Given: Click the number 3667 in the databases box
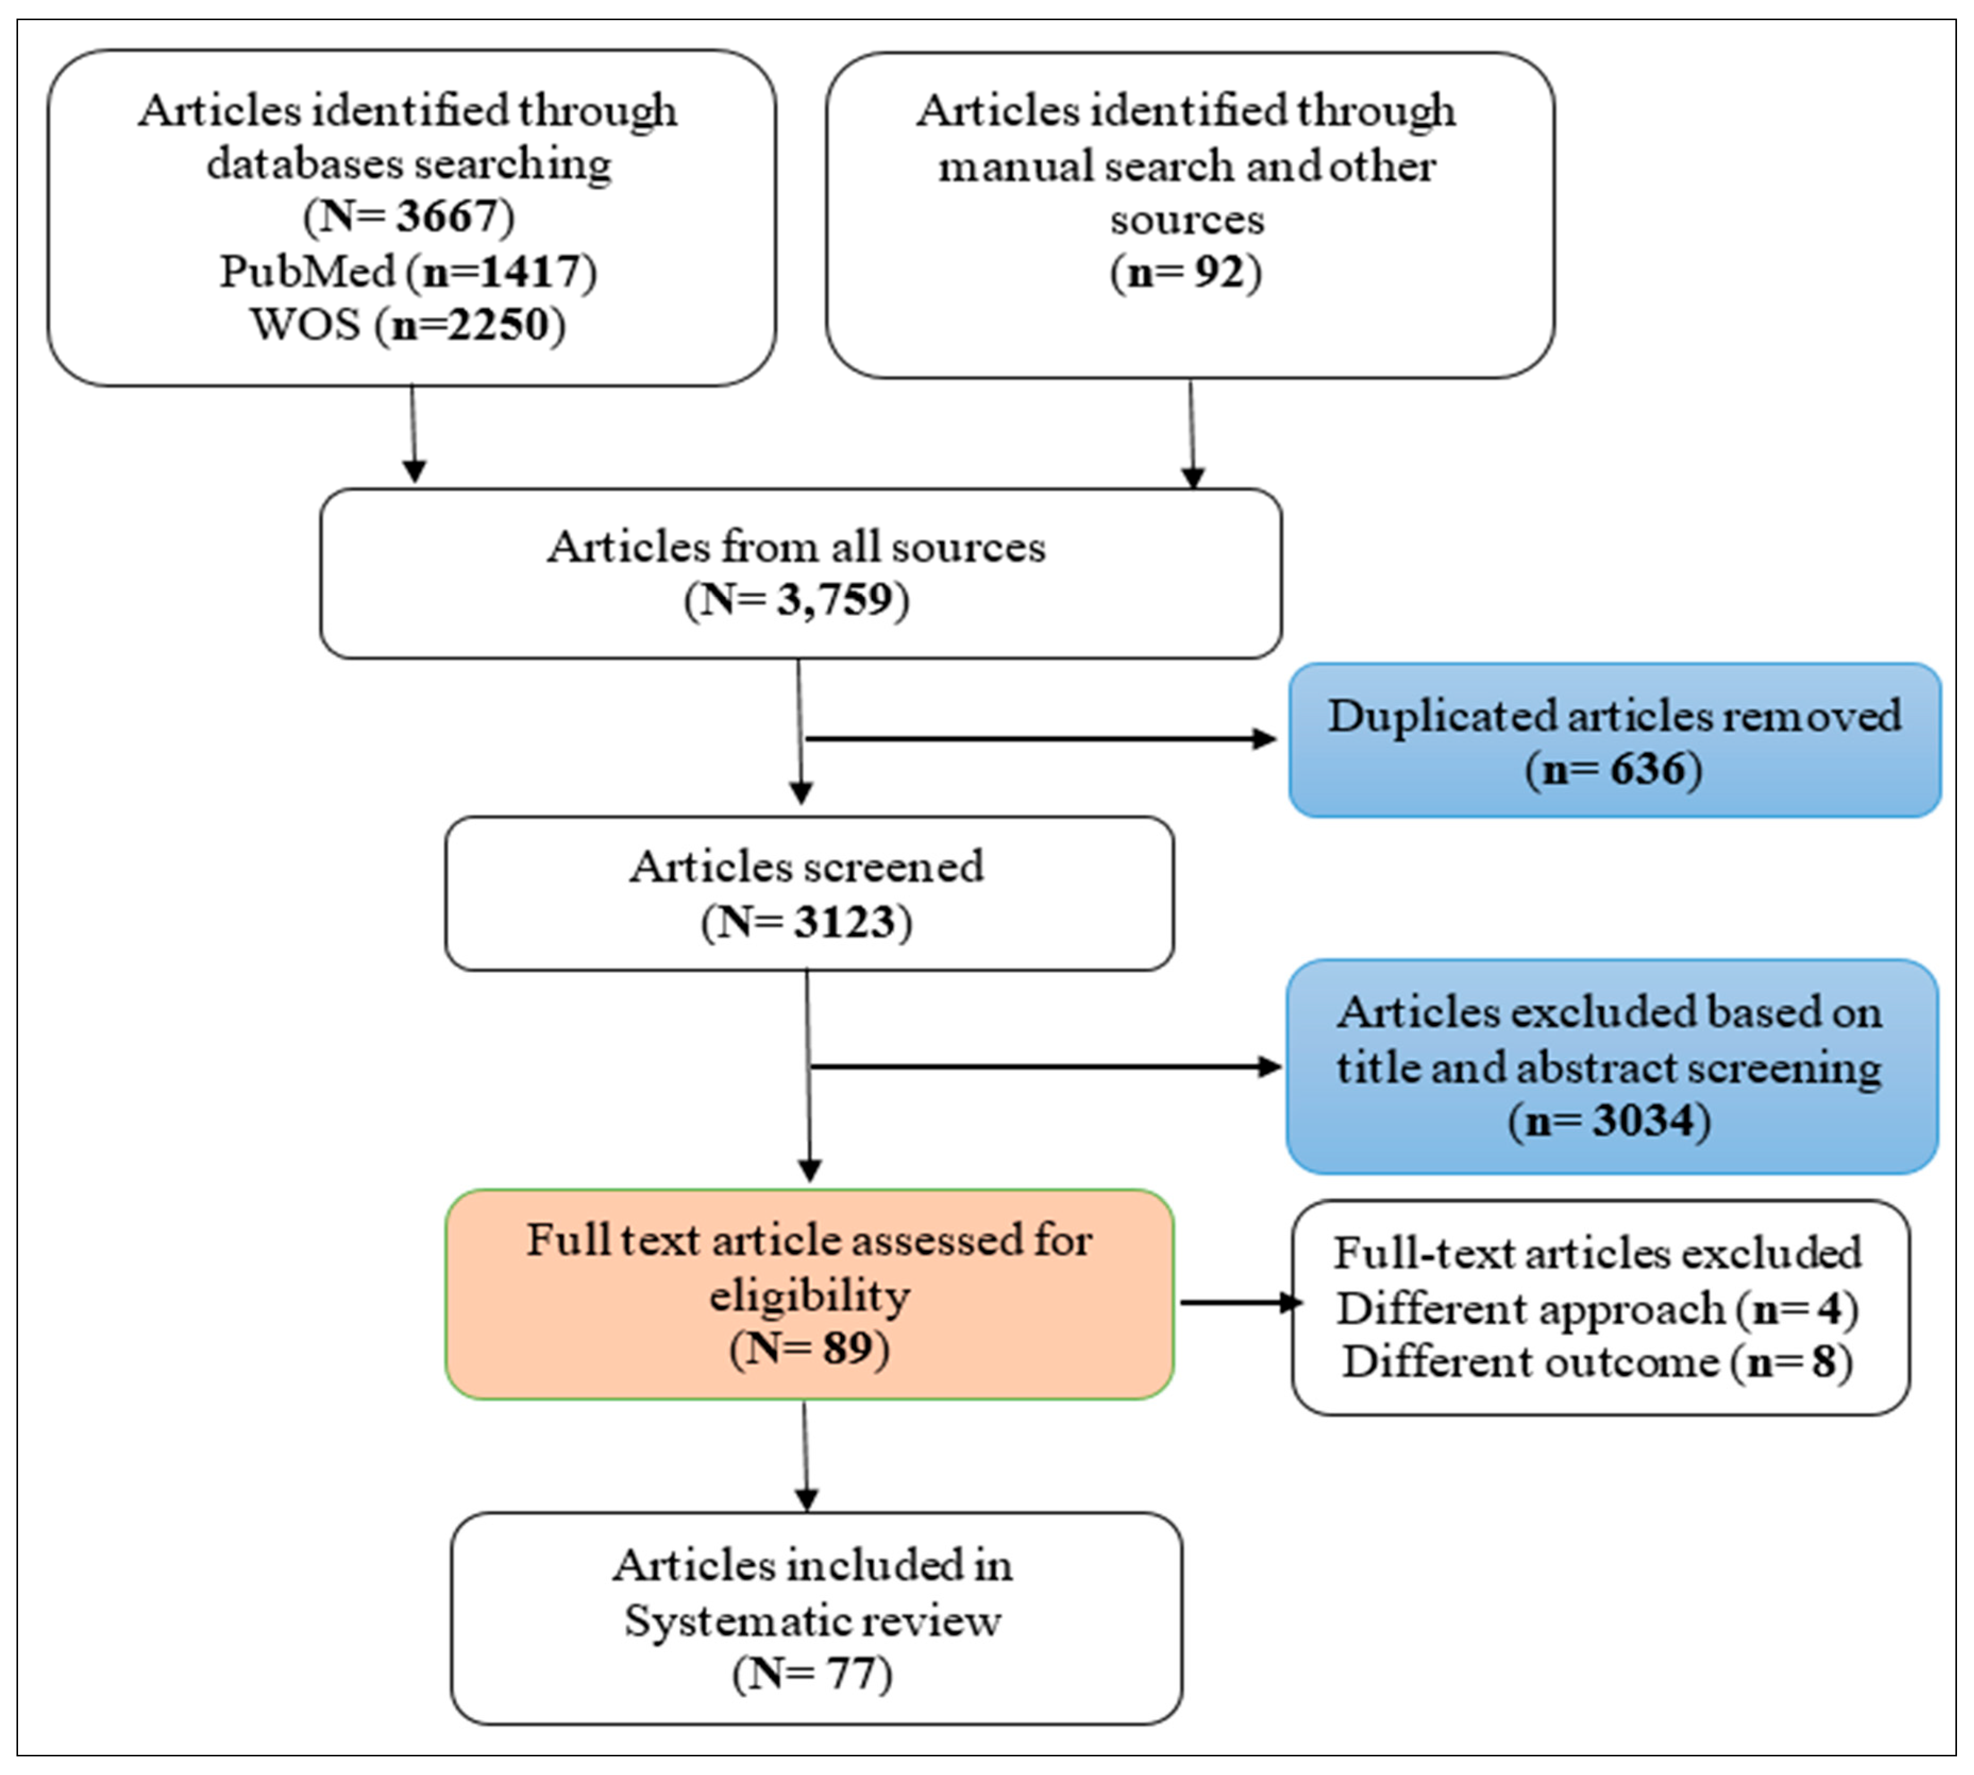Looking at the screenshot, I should (447, 216).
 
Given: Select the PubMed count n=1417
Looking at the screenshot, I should (502, 271).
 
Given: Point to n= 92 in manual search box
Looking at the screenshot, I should (1186, 272).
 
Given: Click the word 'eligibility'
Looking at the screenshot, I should (809, 1296).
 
